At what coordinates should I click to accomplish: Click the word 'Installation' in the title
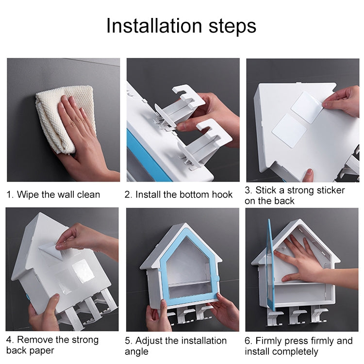[x=154, y=26]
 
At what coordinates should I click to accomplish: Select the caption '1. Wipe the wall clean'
[x=53, y=195]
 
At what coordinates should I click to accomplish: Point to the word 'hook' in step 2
[x=222, y=195]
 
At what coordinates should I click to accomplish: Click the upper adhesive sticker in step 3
[x=307, y=107]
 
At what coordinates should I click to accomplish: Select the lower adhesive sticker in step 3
[x=289, y=131]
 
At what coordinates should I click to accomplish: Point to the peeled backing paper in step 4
[x=51, y=251]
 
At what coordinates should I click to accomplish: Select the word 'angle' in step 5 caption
[x=136, y=352]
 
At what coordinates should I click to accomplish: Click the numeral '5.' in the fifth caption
[x=129, y=341]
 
